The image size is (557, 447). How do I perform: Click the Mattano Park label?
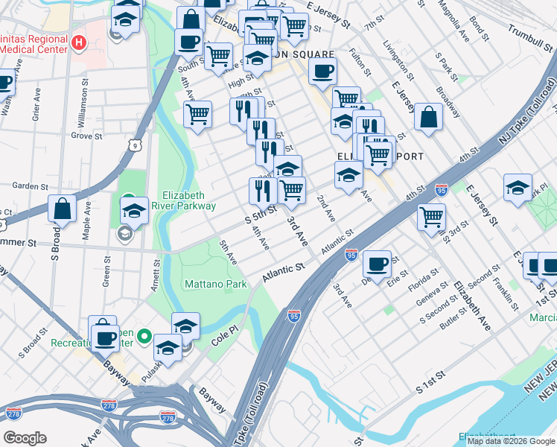[215, 284]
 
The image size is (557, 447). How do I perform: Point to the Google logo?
[25, 438]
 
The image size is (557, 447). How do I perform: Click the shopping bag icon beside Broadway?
[428, 117]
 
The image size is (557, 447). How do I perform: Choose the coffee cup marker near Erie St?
[378, 264]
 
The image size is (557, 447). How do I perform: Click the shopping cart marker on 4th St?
[431, 218]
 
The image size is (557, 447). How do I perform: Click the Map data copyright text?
[510, 441]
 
